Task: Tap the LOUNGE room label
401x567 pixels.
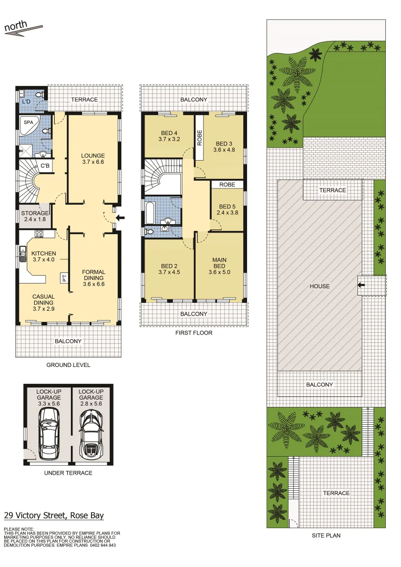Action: pos(93,155)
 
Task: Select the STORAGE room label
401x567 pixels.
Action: pos(35,213)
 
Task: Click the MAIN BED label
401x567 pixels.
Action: pos(219,260)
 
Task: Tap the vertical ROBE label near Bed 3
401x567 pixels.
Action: pos(200,138)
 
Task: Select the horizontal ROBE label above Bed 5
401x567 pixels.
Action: pos(227,185)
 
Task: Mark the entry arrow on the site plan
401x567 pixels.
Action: pos(361,285)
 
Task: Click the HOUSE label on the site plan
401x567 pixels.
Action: pos(320,286)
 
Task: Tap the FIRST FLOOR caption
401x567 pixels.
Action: pos(194,333)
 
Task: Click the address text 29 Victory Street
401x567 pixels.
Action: pos(54,516)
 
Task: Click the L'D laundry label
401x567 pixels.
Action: pos(25,101)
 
